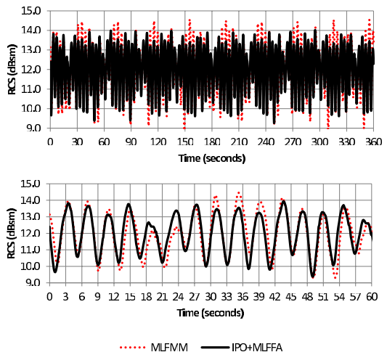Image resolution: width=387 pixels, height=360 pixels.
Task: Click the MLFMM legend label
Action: (169, 348)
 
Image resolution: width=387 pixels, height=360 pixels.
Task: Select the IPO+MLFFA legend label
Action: (257, 348)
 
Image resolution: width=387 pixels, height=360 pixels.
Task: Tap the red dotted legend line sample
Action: (132, 348)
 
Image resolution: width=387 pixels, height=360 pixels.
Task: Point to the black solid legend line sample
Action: (215, 348)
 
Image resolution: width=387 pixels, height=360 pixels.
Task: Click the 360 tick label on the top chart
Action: (373, 142)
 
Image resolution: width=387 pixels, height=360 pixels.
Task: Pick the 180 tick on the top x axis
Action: (212, 142)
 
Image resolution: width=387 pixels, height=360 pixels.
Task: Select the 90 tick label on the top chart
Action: (131, 142)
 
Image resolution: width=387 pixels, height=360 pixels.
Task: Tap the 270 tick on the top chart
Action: (293, 142)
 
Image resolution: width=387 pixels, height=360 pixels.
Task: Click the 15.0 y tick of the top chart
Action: (31, 11)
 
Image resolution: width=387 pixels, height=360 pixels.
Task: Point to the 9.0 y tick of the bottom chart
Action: (33, 283)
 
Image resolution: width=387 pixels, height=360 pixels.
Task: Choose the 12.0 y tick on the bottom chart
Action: (30, 233)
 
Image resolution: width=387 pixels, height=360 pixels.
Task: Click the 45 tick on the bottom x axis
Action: (291, 297)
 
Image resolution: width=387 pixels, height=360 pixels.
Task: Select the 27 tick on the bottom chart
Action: (195, 297)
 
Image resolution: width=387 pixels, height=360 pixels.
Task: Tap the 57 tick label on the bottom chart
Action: (356, 297)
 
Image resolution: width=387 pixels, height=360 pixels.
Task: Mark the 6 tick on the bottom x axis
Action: (82, 297)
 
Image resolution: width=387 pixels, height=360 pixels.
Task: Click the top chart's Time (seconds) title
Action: (212, 158)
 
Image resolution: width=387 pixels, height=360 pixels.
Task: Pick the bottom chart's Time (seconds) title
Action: (211, 313)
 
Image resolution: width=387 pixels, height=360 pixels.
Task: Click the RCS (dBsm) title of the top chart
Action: (12, 70)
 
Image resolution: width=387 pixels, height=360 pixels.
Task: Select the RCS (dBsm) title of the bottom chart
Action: (12, 233)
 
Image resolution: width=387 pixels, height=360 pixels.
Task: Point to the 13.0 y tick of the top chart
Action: (31, 50)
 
